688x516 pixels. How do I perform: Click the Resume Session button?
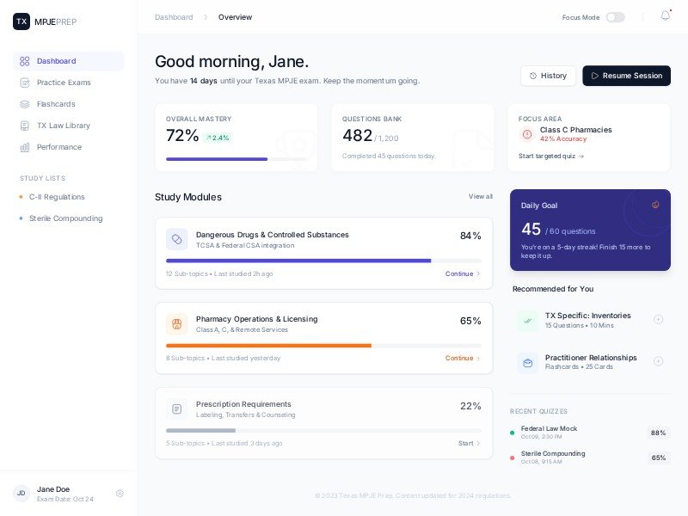626,76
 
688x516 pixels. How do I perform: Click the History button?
548,76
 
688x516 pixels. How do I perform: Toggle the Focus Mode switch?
615,17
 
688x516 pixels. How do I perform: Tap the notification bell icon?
665,16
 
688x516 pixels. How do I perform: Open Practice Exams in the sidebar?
63,83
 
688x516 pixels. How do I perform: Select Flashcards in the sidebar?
55,104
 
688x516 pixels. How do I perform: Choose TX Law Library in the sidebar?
63,126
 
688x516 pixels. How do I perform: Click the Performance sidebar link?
58,147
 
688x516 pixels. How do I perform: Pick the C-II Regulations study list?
57,197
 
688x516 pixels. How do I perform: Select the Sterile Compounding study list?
65,218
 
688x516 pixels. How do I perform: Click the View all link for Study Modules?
481,197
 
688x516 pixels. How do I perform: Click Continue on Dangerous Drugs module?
462,273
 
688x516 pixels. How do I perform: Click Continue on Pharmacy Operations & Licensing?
462,358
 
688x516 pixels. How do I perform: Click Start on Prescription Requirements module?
469,443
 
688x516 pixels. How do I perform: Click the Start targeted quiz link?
551,157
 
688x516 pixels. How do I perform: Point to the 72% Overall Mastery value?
182,136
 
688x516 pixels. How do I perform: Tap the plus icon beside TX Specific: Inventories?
658,319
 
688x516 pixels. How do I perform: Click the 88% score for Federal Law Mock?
658,433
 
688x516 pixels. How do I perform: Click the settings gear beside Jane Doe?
120,494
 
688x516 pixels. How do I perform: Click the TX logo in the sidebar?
21,21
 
